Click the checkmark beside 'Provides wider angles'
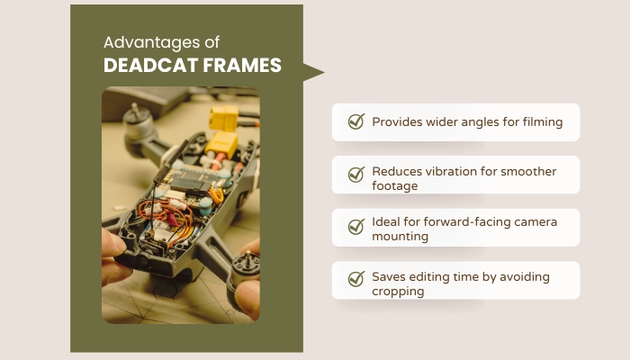tap(355, 122)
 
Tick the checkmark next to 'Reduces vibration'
tap(355, 175)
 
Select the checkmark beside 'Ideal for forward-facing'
tap(355, 227)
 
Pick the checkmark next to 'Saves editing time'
tap(355, 279)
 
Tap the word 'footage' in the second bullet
tap(395, 186)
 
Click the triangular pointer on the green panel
tap(312, 73)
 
